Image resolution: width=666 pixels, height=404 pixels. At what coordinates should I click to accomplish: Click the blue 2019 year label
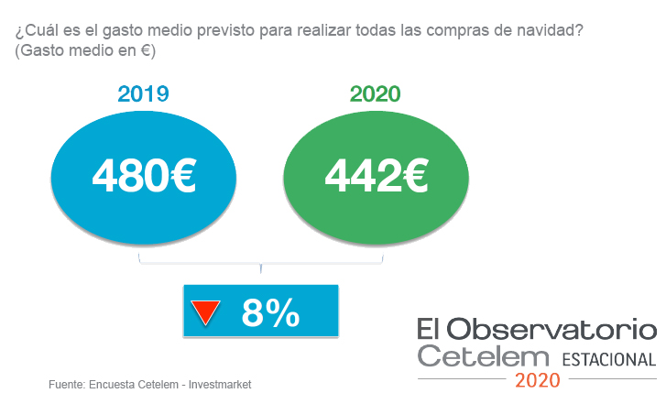click(143, 94)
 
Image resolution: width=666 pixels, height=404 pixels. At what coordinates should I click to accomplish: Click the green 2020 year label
click(376, 94)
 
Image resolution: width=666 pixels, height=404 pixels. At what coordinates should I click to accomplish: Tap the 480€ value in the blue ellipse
click(144, 175)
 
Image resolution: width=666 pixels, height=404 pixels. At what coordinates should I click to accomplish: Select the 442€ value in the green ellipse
click(377, 175)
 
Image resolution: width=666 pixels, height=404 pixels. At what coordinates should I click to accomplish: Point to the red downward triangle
click(202, 314)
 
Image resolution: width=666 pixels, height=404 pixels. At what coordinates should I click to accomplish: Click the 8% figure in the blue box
click(270, 313)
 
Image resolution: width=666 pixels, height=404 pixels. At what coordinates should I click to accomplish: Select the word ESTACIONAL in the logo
click(608, 358)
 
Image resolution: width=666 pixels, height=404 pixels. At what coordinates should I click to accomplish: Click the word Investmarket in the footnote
click(220, 385)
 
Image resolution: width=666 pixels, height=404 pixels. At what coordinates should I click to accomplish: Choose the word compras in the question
click(458, 31)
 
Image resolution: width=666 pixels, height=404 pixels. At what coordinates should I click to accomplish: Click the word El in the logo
click(430, 328)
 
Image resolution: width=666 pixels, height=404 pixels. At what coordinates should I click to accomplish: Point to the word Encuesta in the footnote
click(114, 385)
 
